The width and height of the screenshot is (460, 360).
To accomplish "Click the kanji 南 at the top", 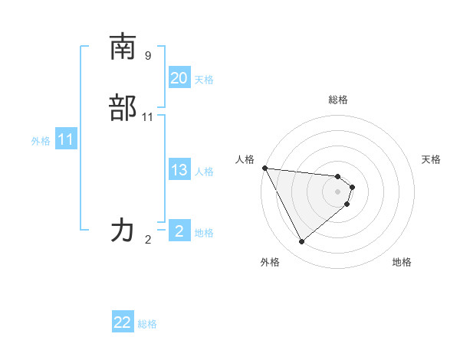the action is (123, 47).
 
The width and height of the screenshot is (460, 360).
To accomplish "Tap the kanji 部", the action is (123, 108).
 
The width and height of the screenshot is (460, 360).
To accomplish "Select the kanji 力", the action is (123, 230).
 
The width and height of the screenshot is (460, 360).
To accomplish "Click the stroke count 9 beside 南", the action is (148, 55).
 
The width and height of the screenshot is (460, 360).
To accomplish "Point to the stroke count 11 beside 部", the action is (148, 117).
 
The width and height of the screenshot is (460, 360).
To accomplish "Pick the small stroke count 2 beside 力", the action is (148, 240).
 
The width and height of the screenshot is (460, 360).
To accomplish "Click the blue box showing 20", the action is (179, 78).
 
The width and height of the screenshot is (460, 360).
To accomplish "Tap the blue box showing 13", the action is (179, 170).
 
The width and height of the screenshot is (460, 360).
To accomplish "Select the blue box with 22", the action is (123, 322).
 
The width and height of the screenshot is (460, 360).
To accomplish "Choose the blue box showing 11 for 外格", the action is (66, 140).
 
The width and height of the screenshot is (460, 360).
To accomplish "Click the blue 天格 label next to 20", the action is (204, 80).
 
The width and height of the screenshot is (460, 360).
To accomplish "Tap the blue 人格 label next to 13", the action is (204, 172).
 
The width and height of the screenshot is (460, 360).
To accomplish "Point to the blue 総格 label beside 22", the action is (147, 324).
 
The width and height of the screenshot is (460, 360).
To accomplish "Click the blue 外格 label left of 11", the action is (41, 141).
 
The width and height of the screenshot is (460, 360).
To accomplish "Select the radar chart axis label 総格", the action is (338, 100).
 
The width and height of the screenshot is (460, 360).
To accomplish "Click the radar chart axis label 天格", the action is (431, 159).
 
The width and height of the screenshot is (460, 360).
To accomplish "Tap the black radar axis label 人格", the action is (245, 159).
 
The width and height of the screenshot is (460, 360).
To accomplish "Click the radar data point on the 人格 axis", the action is (264, 168).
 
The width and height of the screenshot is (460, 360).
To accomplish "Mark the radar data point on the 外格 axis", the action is (301, 242).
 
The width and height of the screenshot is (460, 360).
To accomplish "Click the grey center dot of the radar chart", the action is (338, 191).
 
